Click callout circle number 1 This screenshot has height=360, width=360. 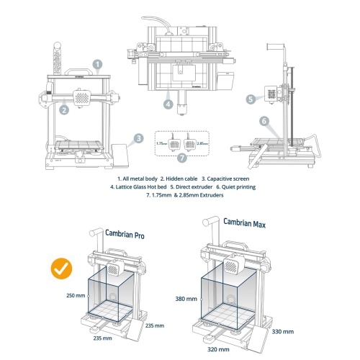click(98, 64)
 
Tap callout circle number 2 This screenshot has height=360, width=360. click(64, 110)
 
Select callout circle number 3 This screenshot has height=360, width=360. click(139, 138)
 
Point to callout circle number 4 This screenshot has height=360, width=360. click(168, 104)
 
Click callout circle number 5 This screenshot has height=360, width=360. click(251, 99)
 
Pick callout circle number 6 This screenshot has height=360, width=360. click(264, 121)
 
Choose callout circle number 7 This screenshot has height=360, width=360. click(182, 158)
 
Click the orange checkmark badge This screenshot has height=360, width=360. click(61, 269)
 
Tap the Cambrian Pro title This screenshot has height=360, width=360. click(125, 234)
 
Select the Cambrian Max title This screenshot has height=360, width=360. click(245, 222)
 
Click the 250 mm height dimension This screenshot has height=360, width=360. click(76, 295)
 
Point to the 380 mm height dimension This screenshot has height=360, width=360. click(186, 299)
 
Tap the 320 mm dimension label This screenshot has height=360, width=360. click(218, 349)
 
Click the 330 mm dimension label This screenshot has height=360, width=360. click(283, 331)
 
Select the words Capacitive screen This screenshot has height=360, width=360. click(228, 179)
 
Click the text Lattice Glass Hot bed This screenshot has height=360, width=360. click(141, 187)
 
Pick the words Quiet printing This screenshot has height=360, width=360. click(238, 187)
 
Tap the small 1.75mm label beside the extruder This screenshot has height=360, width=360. click(162, 143)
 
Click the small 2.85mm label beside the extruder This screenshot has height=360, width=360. click(202, 143)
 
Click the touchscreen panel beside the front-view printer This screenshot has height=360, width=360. click(120, 155)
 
